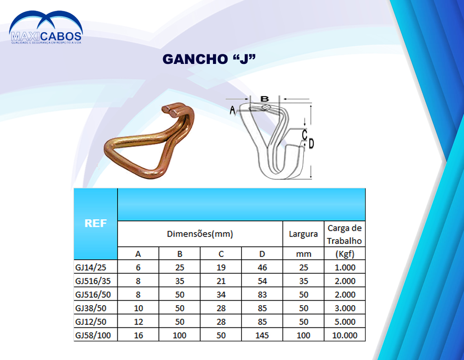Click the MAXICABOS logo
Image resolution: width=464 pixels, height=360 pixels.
click(46, 28)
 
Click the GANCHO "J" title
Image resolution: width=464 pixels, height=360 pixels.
click(209, 59)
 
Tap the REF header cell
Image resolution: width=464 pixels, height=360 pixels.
click(96, 223)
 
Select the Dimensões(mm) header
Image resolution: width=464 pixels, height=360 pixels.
click(200, 234)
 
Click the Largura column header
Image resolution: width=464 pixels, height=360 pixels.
click(303, 234)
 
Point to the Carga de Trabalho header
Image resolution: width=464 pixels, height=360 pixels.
click(345, 234)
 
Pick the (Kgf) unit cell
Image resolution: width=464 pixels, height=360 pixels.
click(345, 254)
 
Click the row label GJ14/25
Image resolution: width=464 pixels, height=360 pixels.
click(91, 268)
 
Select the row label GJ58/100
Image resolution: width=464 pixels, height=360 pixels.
click(93, 336)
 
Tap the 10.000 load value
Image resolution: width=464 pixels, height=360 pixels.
click(345, 336)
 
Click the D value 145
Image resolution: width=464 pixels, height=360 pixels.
click(262, 336)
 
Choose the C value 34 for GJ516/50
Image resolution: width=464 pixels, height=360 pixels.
click(221, 295)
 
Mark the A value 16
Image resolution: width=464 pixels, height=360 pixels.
click(139, 336)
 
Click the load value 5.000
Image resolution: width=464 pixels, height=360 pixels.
click(345, 322)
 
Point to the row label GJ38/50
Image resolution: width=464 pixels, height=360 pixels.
click(91, 308)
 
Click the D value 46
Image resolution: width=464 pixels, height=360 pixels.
click(262, 268)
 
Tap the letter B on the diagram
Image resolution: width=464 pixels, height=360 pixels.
click(265, 99)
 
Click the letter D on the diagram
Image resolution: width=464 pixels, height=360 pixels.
click(311, 144)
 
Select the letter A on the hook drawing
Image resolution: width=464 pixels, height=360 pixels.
click(232, 111)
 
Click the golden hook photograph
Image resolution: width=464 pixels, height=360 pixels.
click(149, 141)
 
